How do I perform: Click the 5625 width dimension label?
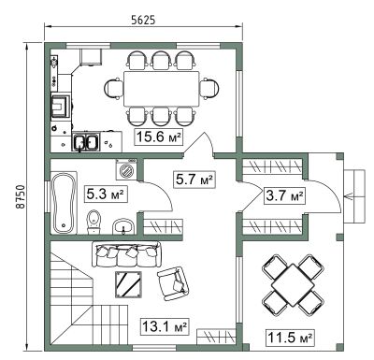pos(143,20)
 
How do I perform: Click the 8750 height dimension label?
pos(20,197)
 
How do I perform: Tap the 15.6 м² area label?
pos(159,137)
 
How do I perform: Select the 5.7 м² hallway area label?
pos(195,180)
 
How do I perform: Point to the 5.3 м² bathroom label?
pos(106,194)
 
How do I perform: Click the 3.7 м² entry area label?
pos(284,195)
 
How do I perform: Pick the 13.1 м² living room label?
pos(165,326)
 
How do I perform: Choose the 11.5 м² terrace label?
pos(290,338)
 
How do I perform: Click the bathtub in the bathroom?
pos(64,203)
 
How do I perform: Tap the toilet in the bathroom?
pos(93,222)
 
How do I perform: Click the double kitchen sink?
pos(86,141)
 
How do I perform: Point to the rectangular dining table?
pos(162,89)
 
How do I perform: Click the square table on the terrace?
pos(293,285)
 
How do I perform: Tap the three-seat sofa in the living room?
pos(126,254)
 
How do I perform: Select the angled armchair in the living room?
pos(173,283)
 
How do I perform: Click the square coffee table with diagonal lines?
pos(128,284)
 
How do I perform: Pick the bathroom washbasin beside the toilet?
pos(123,226)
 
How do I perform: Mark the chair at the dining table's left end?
pos(113,89)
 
